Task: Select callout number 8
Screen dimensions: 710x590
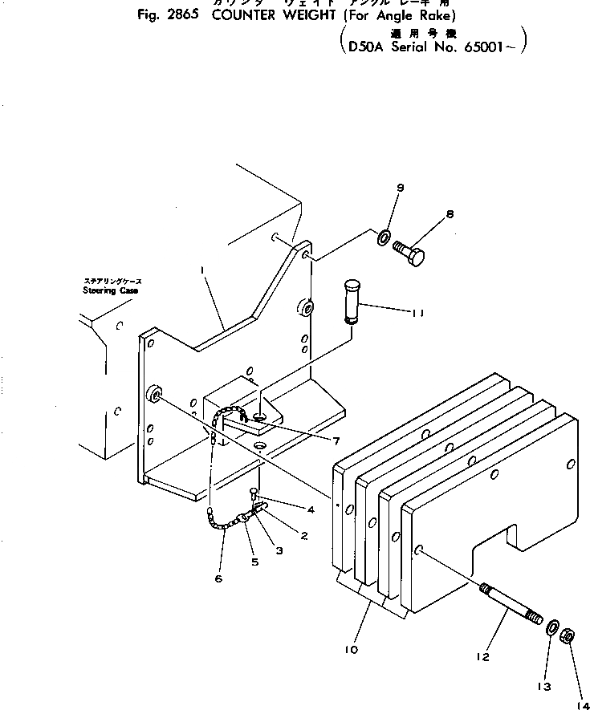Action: pyautogui.click(x=450, y=214)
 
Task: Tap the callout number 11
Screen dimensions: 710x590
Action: pyautogui.click(x=419, y=313)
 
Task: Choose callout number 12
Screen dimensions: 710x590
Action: pyautogui.click(x=482, y=656)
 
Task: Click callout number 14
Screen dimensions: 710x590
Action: pyautogui.click(x=580, y=704)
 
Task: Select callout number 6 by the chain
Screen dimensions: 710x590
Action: pyautogui.click(x=219, y=578)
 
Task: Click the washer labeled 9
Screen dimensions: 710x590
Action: pyautogui.click(x=385, y=237)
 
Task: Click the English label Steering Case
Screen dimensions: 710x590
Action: pyautogui.click(x=110, y=290)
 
